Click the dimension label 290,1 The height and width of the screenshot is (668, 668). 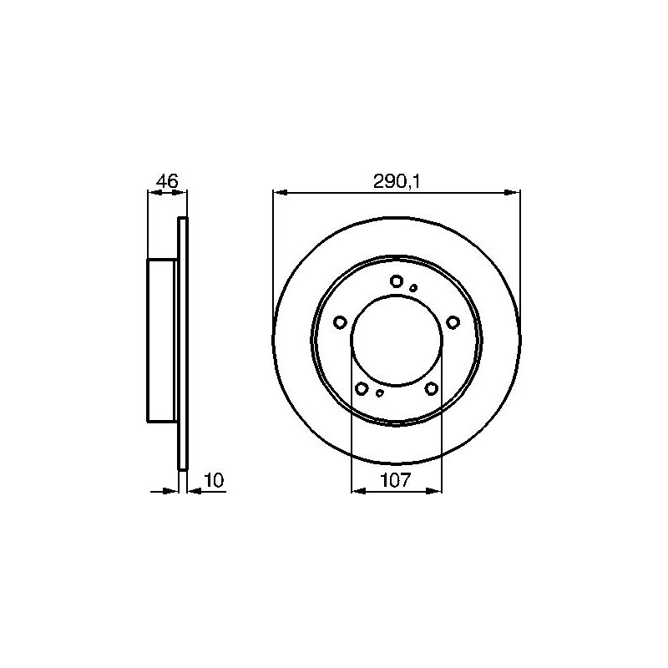click(x=396, y=182)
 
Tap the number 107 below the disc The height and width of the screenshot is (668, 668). click(x=395, y=481)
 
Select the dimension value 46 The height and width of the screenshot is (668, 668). click(x=166, y=181)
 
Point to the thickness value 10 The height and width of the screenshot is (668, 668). click(x=215, y=481)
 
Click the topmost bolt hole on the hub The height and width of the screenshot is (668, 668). click(x=397, y=281)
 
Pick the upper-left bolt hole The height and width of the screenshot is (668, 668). click(x=340, y=322)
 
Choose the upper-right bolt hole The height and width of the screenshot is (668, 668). click(x=453, y=322)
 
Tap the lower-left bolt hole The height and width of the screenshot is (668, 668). click(x=362, y=388)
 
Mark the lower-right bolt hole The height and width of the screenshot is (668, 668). click(x=432, y=388)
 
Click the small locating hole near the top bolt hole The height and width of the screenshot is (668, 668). click(x=413, y=288)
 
